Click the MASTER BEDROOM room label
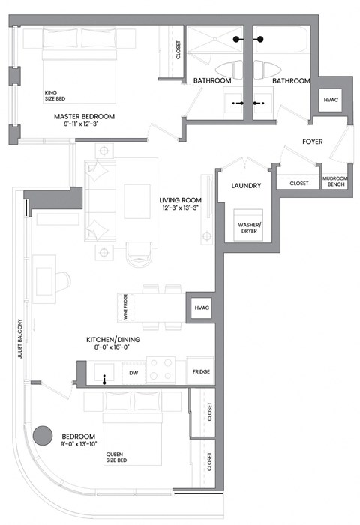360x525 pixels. [x=84, y=116]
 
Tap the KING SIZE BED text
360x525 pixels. [x=56, y=95]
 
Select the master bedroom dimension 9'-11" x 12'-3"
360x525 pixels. [x=84, y=126]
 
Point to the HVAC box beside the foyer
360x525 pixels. [x=331, y=100]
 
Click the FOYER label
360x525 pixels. [x=313, y=141]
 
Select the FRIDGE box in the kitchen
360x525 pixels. [x=200, y=371]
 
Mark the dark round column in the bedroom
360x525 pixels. [x=43, y=435]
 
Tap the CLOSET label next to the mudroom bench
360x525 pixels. [x=299, y=181]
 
